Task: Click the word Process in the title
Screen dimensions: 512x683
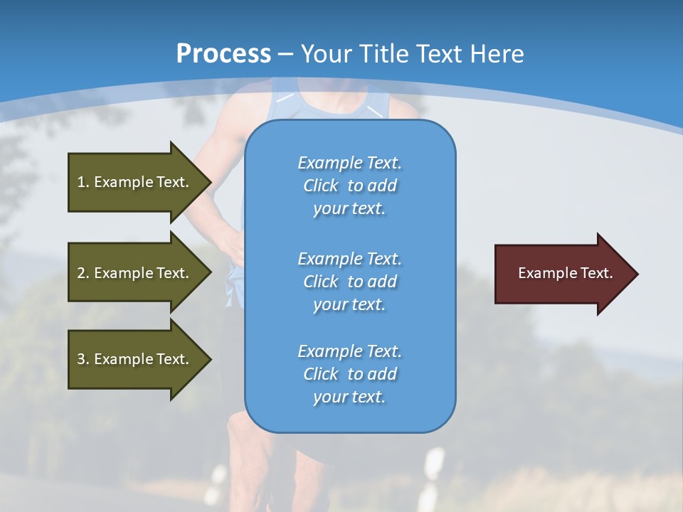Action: click(223, 54)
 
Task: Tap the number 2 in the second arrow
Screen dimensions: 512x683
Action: click(81, 273)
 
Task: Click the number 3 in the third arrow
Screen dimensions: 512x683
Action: click(81, 359)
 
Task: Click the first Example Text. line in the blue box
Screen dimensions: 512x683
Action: click(349, 163)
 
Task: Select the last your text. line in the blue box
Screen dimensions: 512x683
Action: click(349, 397)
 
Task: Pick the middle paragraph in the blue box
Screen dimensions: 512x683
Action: click(349, 281)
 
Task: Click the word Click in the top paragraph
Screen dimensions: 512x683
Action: click(321, 186)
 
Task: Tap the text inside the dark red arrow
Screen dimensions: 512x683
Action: click(565, 273)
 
